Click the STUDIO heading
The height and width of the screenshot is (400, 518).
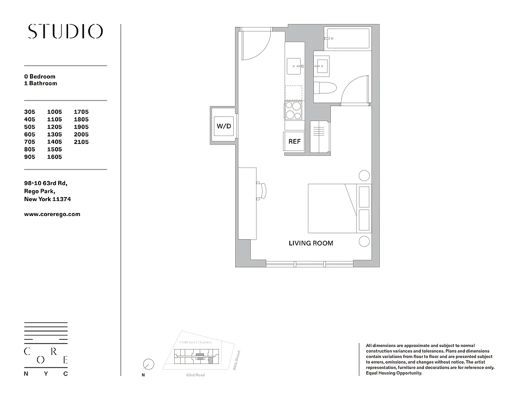coord(65,31)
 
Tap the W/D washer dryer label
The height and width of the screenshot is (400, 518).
coord(223,126)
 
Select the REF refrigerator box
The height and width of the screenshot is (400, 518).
coord(294,141)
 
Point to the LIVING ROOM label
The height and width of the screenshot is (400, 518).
coord(311,243)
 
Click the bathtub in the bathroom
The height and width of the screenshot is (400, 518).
coord(347,39)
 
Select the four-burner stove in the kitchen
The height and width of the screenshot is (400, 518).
coord(294,110)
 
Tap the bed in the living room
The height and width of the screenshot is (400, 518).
coord(332,208)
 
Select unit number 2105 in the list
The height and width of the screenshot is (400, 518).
coord(81,142)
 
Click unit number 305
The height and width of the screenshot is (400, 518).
coord(31,112)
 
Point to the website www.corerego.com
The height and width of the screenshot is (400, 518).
coord(52,214)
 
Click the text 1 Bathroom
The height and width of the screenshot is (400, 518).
coord(41,83)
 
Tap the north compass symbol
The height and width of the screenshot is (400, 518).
coord(148,364)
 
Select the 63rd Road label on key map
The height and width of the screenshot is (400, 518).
coord(195,375)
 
